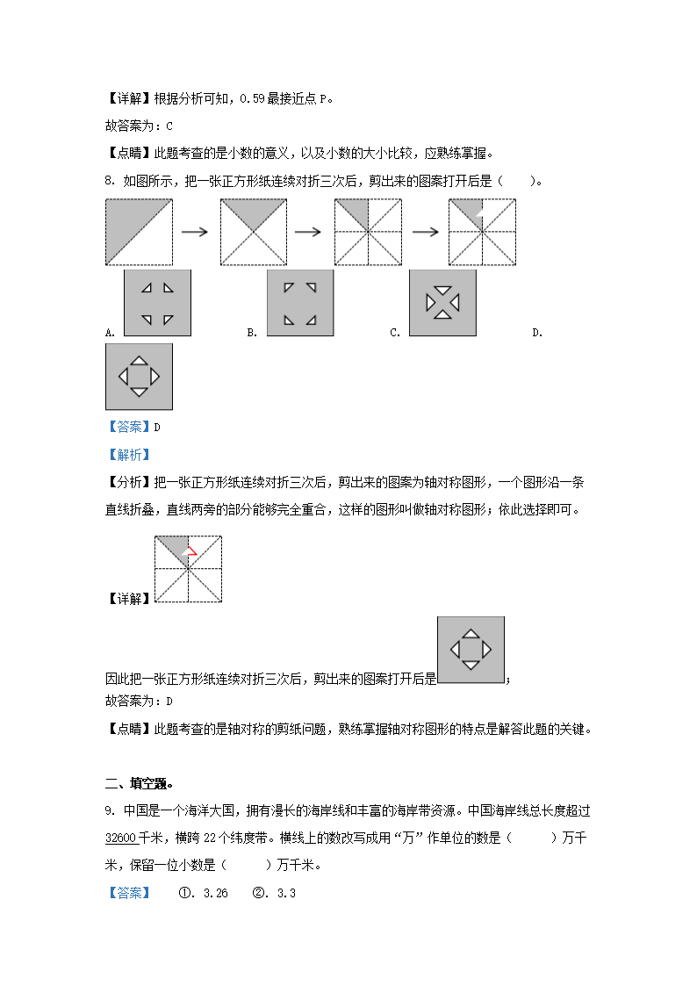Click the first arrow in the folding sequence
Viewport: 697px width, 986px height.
point(194,232)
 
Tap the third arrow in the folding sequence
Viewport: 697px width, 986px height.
point(425,232)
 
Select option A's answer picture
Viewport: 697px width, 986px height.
point(157,302)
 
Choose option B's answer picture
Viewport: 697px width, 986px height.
point(299,302)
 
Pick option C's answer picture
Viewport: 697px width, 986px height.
point(442,302)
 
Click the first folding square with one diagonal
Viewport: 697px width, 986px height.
point(139,232)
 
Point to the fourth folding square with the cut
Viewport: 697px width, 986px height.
point(482,232)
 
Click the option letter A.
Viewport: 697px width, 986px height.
point(110,333)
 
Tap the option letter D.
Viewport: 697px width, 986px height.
point(536,333)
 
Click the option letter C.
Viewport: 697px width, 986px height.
point(394,333)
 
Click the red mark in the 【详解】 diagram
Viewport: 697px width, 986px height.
point(190,552)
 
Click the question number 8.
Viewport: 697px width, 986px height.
point(109,182)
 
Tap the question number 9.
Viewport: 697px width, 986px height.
point(109,810)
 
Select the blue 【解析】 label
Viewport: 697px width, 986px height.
point(128,455)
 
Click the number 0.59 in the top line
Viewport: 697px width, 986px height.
point(252,98)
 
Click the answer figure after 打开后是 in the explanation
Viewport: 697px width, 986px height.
point(471,650)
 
